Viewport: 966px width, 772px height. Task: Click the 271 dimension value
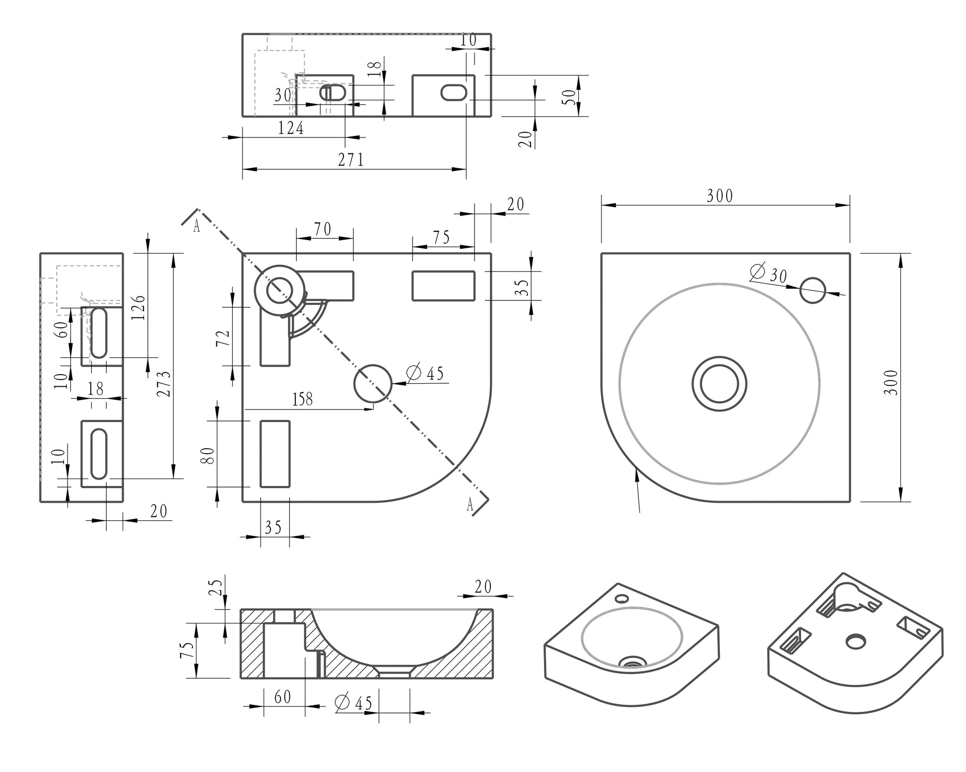[x=351, y=160]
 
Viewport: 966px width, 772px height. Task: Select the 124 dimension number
[x=290, y=128]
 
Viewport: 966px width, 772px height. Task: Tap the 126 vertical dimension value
[x=139, y=307]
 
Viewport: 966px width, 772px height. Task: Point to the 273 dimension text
[x=165, y=384]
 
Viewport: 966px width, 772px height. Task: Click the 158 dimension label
[x=302, y=399]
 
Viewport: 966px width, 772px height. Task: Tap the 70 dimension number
[x=323, y=229]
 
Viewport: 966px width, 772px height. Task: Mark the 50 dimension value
[x=571, y=96]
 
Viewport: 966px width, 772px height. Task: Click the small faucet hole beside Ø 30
[x=813, y=290]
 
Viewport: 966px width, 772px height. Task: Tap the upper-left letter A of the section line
[x=197, y=226]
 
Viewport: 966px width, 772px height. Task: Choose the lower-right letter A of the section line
[x=470, y=505]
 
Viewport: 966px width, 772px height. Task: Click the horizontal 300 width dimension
[x=720, y=196]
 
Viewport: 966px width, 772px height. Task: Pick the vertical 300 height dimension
[x=892, y=382]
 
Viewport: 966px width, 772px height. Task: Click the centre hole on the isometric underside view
[x=855, y=641]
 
